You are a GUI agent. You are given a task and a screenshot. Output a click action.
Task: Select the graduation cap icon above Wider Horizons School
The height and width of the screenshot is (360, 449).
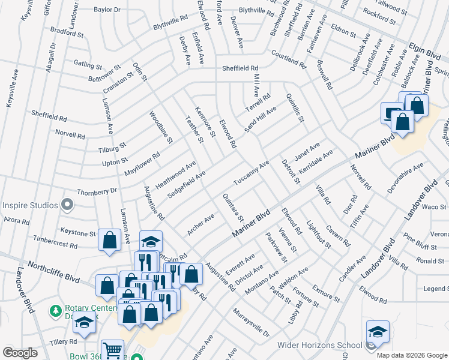point(377,331)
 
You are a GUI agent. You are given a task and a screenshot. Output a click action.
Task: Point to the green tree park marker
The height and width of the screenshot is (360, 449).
point(55,311)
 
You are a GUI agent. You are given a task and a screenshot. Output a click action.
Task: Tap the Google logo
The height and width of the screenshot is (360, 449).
point(20,353)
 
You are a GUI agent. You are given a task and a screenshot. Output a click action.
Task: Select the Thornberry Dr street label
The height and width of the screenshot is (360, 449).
point(97,191)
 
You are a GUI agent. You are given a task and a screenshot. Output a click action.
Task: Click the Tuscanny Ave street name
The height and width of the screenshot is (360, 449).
point(251,173)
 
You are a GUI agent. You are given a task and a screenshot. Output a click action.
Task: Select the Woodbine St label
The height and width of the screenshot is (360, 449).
point(161,127)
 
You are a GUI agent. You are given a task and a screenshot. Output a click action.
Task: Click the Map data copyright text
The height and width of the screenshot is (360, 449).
point(411,355)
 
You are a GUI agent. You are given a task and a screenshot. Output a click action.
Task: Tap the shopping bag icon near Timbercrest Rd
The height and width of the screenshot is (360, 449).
point(109,240)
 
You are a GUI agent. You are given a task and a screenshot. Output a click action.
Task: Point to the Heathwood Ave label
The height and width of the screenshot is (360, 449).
point(176,173)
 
